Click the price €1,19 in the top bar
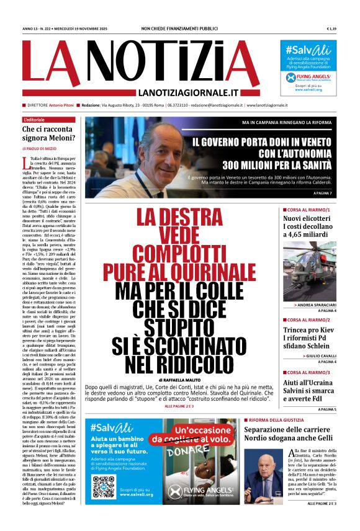coord(331,29)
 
